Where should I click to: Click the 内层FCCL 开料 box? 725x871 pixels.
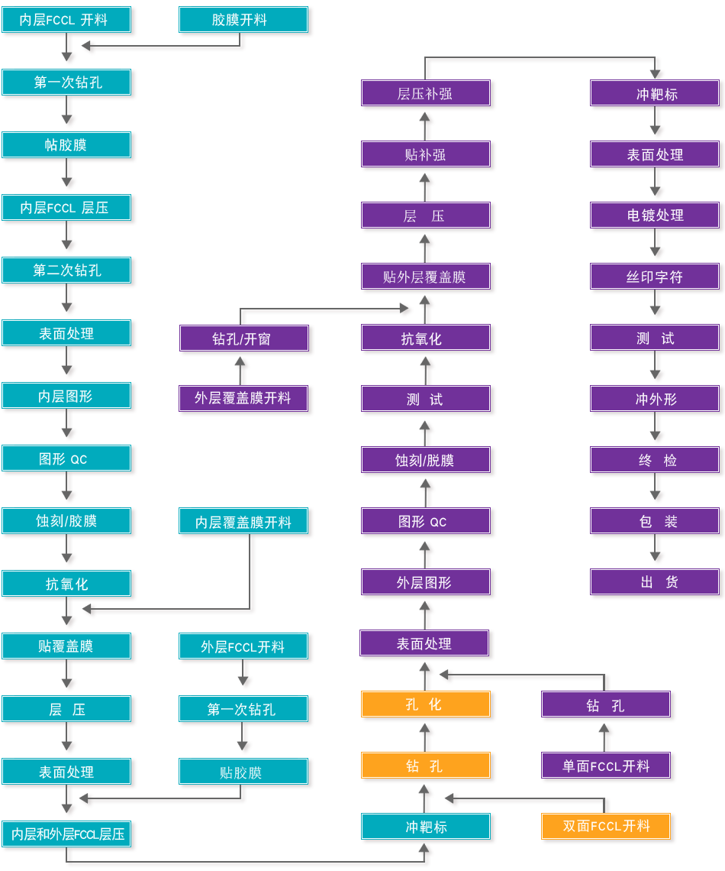[x=67, y=21]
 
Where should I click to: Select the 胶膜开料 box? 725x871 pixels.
[x=244, y=21]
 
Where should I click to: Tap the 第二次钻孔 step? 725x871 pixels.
[x=67, y=270]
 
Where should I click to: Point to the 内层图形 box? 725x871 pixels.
[x=67, y=396]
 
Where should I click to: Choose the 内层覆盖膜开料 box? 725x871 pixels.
[x=244, y=522]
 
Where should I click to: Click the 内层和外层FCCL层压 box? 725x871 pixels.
[x=67, y=834]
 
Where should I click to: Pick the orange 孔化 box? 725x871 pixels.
[x=426, y=704]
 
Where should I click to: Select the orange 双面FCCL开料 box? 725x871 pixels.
[x=606, y=827]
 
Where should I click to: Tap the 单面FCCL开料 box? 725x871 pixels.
[x=606, y=766]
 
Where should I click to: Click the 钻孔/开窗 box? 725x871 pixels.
[x=244, y=338]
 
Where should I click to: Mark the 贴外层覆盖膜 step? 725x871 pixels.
[x=426, y=277]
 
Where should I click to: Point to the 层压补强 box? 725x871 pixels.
[x=426, y=94]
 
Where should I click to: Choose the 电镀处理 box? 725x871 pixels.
[x=655, y=215]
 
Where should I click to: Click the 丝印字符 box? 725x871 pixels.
[x=655, y=277]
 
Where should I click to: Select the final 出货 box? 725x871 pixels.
[x=655, y=582]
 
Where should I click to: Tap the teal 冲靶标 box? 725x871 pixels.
[x=426, y=827]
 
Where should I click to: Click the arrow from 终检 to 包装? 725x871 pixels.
[x=657, y=491]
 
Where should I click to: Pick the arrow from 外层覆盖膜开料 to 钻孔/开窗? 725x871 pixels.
[x=242, y=370]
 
